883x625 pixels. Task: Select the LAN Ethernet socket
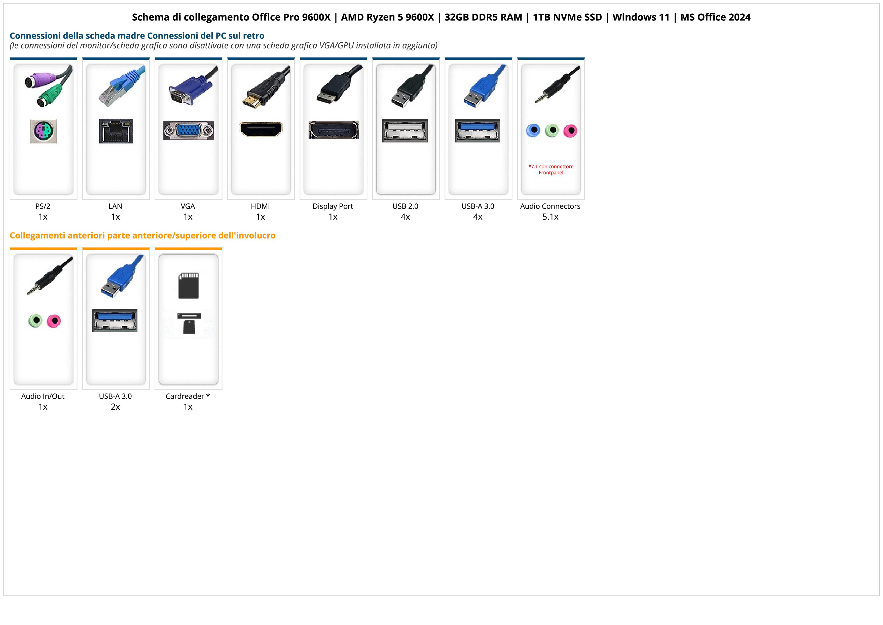116,131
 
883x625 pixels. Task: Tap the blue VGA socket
188,131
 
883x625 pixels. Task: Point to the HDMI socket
261,129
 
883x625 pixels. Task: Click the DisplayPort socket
334,130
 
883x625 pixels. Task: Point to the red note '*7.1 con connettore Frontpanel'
551,169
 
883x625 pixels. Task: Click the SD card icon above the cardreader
189,286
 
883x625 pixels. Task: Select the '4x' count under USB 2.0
405,217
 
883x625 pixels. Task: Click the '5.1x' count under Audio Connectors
550,217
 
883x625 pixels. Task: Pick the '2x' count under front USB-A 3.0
115,407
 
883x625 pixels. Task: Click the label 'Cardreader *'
188,396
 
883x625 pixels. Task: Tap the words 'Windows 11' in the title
641,17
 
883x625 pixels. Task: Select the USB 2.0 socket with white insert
405,131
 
